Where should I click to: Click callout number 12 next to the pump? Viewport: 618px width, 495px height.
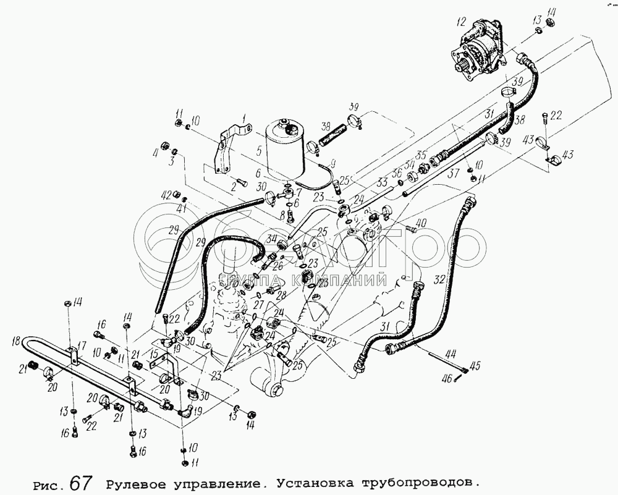(459, 22)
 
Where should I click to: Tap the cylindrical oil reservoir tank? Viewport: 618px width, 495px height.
(286, 151)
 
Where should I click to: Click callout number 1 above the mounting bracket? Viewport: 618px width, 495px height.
(244, 117)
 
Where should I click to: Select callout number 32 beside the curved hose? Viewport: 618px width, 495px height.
(439, 279)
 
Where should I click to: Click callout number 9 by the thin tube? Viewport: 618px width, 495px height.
(334, 164)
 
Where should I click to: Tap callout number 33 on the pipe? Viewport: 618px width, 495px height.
(381, 183)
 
